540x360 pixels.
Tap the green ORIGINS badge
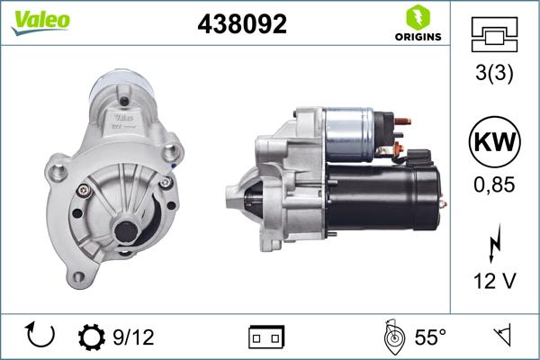click(417, 23)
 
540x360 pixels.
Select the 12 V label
click(494, 281)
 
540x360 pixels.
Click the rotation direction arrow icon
click(41, 337)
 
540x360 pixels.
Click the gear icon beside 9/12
click(92, 337)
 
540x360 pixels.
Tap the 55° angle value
click(429, 337)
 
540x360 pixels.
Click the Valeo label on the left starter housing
click(123, 116)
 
